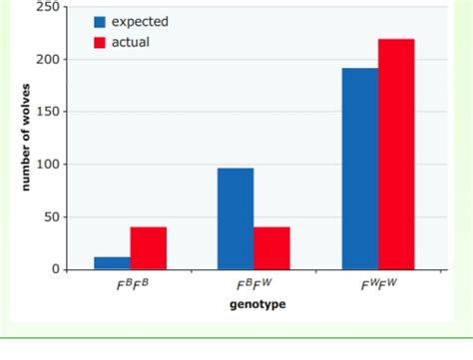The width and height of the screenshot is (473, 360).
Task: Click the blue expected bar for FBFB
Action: coord(112,263)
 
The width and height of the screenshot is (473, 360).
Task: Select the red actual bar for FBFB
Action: coord(149,248)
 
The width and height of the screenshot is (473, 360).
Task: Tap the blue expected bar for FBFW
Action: coord(236,218)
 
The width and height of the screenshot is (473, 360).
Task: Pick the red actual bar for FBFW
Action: coord(271,248)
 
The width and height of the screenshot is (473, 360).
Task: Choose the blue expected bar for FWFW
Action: coord(359,169)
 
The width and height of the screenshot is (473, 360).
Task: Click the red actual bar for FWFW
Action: coord(396,155)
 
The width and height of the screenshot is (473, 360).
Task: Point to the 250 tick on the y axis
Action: coord(46,7)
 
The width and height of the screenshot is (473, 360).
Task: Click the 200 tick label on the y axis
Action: coord(46,60)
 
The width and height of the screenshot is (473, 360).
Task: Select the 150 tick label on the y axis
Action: coord(46,112)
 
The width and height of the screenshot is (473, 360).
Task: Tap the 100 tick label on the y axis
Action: coord(46,165)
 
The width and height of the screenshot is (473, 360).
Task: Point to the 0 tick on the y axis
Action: coord(53,269)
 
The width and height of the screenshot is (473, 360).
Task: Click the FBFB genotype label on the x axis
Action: coord(131,286)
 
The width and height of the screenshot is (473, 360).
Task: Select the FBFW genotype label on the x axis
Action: coord(253,286)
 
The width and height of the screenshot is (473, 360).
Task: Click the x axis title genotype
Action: coord(253,304)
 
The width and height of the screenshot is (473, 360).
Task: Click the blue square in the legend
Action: coord(100,22)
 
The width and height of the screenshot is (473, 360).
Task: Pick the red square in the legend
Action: coord(100,42)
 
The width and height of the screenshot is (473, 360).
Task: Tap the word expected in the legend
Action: coord(140,22)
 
